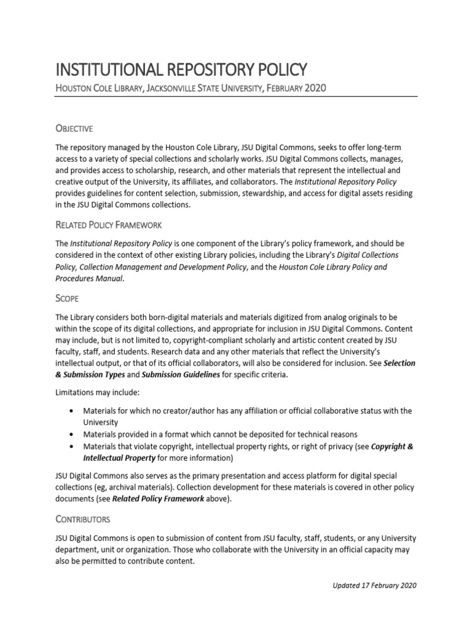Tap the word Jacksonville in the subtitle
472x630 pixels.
[178, 89]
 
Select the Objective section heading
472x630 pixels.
[74, 129]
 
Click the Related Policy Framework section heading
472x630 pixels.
[109, 226]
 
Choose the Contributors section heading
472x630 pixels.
[83, 519]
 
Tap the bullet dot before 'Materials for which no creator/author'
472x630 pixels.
[73, 411]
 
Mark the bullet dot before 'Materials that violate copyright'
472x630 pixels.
[73, 447]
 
